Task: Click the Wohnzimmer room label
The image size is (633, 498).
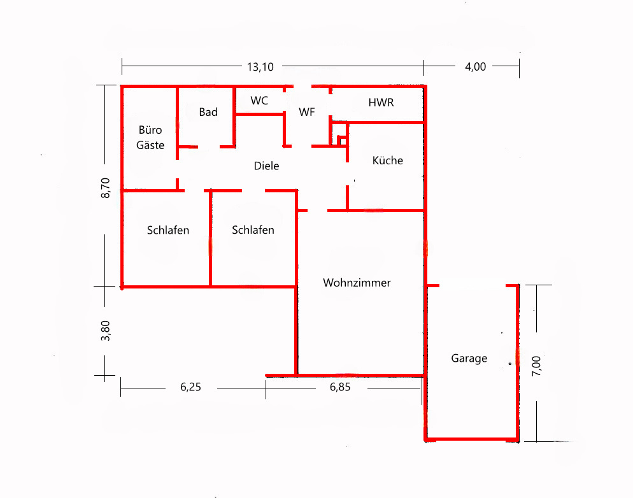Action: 357,283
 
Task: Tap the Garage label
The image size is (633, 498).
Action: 469,359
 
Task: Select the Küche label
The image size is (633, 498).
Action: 388,160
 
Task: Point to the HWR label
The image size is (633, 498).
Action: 381,103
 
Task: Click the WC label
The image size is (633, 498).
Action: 259,101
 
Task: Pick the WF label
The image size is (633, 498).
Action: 307,112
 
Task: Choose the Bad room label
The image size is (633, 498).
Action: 208,112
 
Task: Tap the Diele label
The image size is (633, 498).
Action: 266,166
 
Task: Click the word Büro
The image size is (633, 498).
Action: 150,129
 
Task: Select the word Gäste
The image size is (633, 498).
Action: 150,145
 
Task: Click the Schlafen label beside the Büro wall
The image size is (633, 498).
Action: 168,230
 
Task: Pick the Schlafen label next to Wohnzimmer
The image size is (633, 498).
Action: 253,230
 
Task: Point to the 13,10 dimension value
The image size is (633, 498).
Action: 260,67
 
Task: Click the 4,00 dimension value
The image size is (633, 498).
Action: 476,67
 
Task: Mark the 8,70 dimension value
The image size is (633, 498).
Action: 105,188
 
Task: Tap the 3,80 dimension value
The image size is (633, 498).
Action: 105,331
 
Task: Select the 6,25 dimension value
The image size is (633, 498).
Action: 190,387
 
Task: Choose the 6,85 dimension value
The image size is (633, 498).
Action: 340,387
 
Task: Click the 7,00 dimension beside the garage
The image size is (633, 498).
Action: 536,366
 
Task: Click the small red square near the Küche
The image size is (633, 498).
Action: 341,140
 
